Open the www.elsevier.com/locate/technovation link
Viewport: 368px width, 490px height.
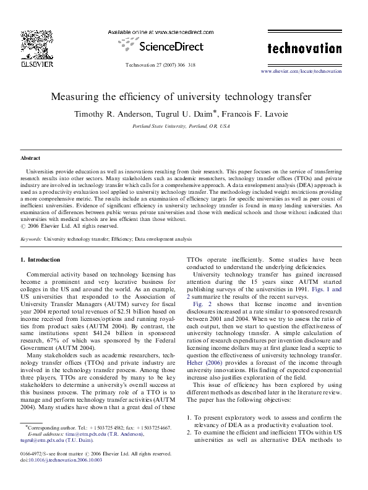pyautogui.click(x=301, y=72)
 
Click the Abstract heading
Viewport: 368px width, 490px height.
pyautogui.click(x=30, y=159)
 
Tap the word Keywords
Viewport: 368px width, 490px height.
pyautogui.click(x=32, y=238)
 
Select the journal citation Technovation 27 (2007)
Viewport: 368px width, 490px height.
pyautogui.click(x=160, y=64)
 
